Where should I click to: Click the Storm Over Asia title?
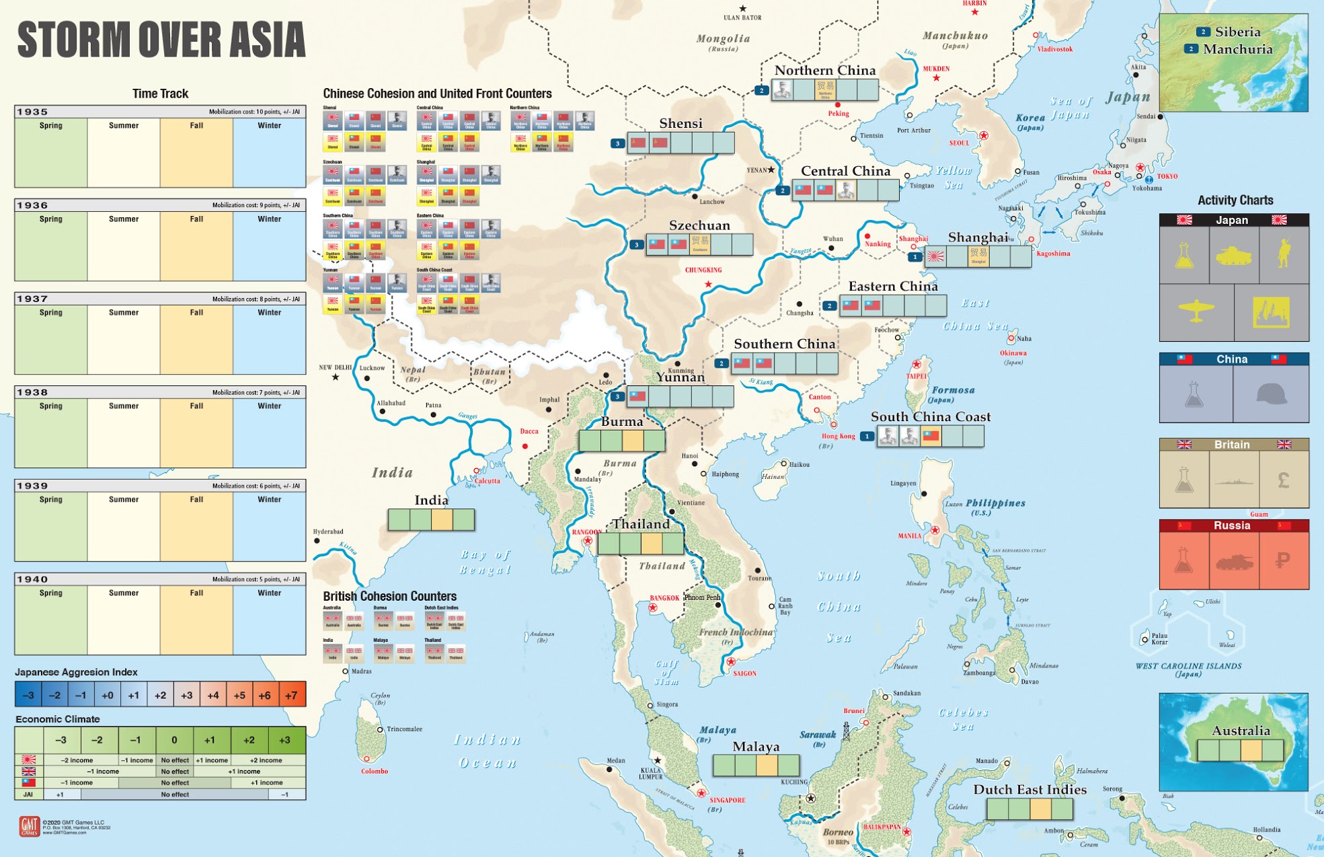click(161, 40)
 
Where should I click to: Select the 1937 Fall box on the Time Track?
click(196, 340)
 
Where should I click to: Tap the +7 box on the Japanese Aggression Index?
click(291, 695)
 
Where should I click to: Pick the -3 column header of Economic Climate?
click(61, 740)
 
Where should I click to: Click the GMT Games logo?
click(29, 826)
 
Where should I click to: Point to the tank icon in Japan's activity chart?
click(1233, 256)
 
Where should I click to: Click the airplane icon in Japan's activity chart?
click(1196, 311)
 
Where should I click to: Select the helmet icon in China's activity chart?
click(1271, 394)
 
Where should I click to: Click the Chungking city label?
click(703, 270)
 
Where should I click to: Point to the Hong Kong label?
click(838, 436)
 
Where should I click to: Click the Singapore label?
click(727, 800)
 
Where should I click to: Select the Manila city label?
click(909, 536)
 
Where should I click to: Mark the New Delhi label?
click(335, 367)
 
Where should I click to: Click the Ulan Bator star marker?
click(742, 9)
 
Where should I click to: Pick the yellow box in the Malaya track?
click(767, 765)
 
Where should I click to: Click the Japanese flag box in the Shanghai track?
click(935, 256)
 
